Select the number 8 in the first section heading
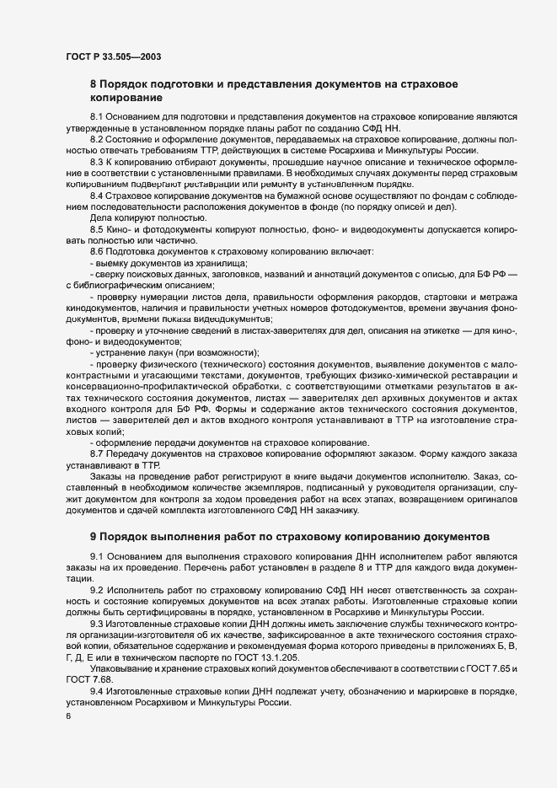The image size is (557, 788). (94, 84)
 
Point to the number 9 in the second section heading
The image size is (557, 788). (94, 535)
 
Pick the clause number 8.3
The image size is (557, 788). (96, 160)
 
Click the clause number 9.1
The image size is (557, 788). (96, 559)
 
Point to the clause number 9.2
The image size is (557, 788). (96, 590)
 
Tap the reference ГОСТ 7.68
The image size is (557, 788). (84, 679)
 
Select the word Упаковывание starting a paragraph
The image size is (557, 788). (121, 668)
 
